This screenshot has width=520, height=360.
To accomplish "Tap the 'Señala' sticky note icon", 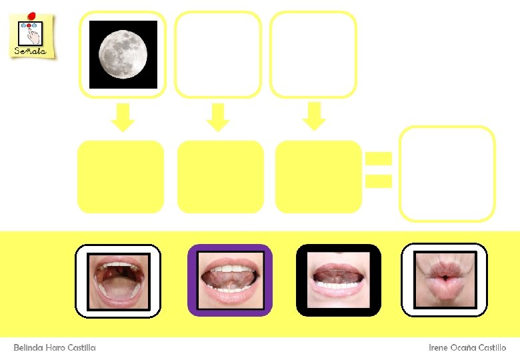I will click(31, 37).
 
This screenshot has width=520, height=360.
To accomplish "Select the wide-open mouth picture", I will click(118, 280).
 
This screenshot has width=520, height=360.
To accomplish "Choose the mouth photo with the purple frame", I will click(230, 280).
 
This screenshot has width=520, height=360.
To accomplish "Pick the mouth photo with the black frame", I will click(339, 280).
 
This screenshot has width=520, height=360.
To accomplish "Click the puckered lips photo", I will click(445, 280).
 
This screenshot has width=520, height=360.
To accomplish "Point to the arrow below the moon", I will click(123, 117).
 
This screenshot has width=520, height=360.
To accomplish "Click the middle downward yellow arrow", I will click(217, 117).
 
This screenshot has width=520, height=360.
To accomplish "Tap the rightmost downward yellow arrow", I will click(313, 117).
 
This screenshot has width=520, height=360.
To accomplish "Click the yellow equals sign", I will click(378, 169).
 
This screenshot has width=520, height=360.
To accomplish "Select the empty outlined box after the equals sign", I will click(447, 173).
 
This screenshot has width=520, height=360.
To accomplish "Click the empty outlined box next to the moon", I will click(217, 54).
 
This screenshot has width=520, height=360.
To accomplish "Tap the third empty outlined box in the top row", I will click(313, 54).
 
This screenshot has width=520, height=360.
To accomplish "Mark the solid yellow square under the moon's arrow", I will click(121, 176).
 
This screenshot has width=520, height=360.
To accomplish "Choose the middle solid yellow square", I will click(221, 176).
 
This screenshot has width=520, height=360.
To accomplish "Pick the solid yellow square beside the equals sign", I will click(319, 176).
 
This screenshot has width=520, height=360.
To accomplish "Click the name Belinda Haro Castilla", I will click(55, 348).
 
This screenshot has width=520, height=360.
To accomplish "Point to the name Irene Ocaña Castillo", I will click(467, 348).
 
